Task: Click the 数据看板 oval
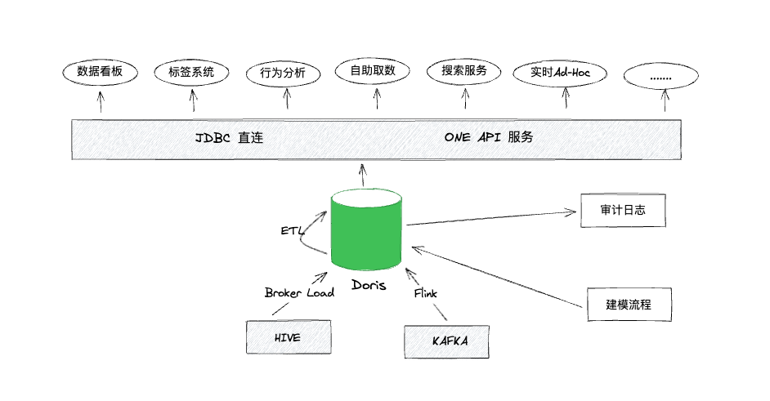(100, 72)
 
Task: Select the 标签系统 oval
(191, 73)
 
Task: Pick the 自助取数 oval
(373, 71)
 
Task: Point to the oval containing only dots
(660, 76)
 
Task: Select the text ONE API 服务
(489, 138)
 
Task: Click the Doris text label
(369, 286)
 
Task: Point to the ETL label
(292, 231)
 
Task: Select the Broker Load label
(299, 292)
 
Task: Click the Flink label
(426, 292)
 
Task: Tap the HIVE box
(289, 336)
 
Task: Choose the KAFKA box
(450, 341)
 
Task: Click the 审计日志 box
(623, 211)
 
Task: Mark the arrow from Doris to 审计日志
(490, 218)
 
